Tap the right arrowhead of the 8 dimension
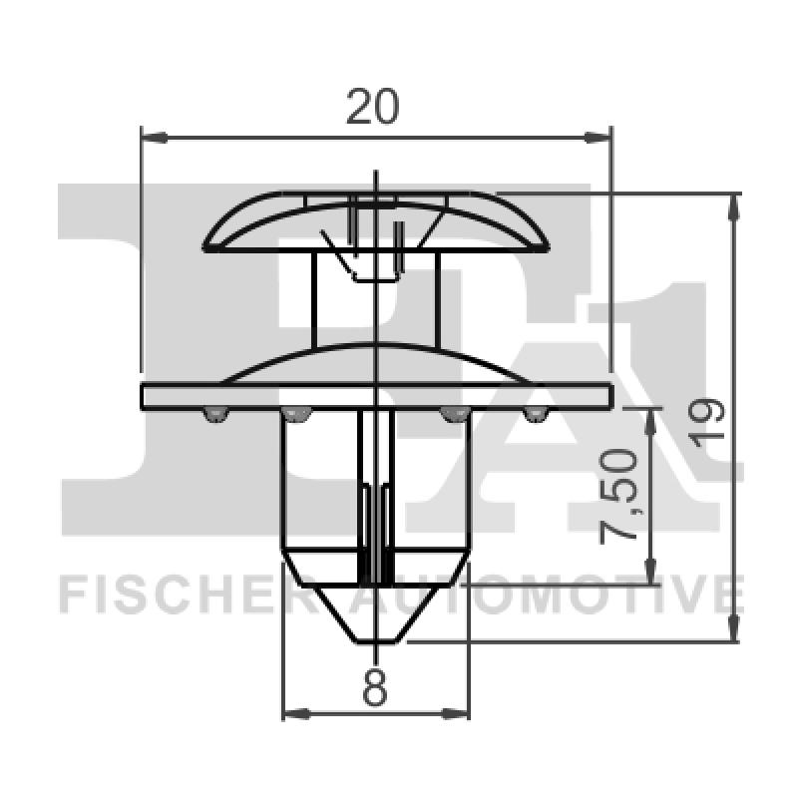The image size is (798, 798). (x=460, y=713)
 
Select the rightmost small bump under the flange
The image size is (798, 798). (x=536, y=414)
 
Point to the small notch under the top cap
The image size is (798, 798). (x=371, y=266)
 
